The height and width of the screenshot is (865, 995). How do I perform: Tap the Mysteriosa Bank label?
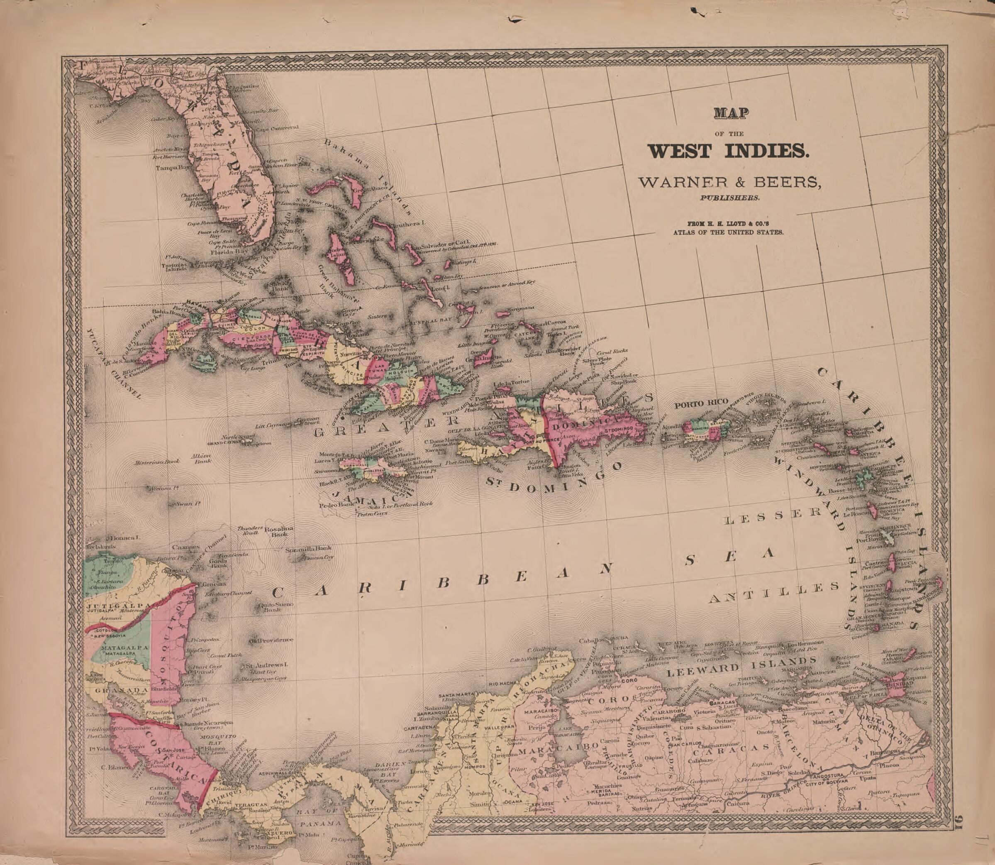pos(157,462)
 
